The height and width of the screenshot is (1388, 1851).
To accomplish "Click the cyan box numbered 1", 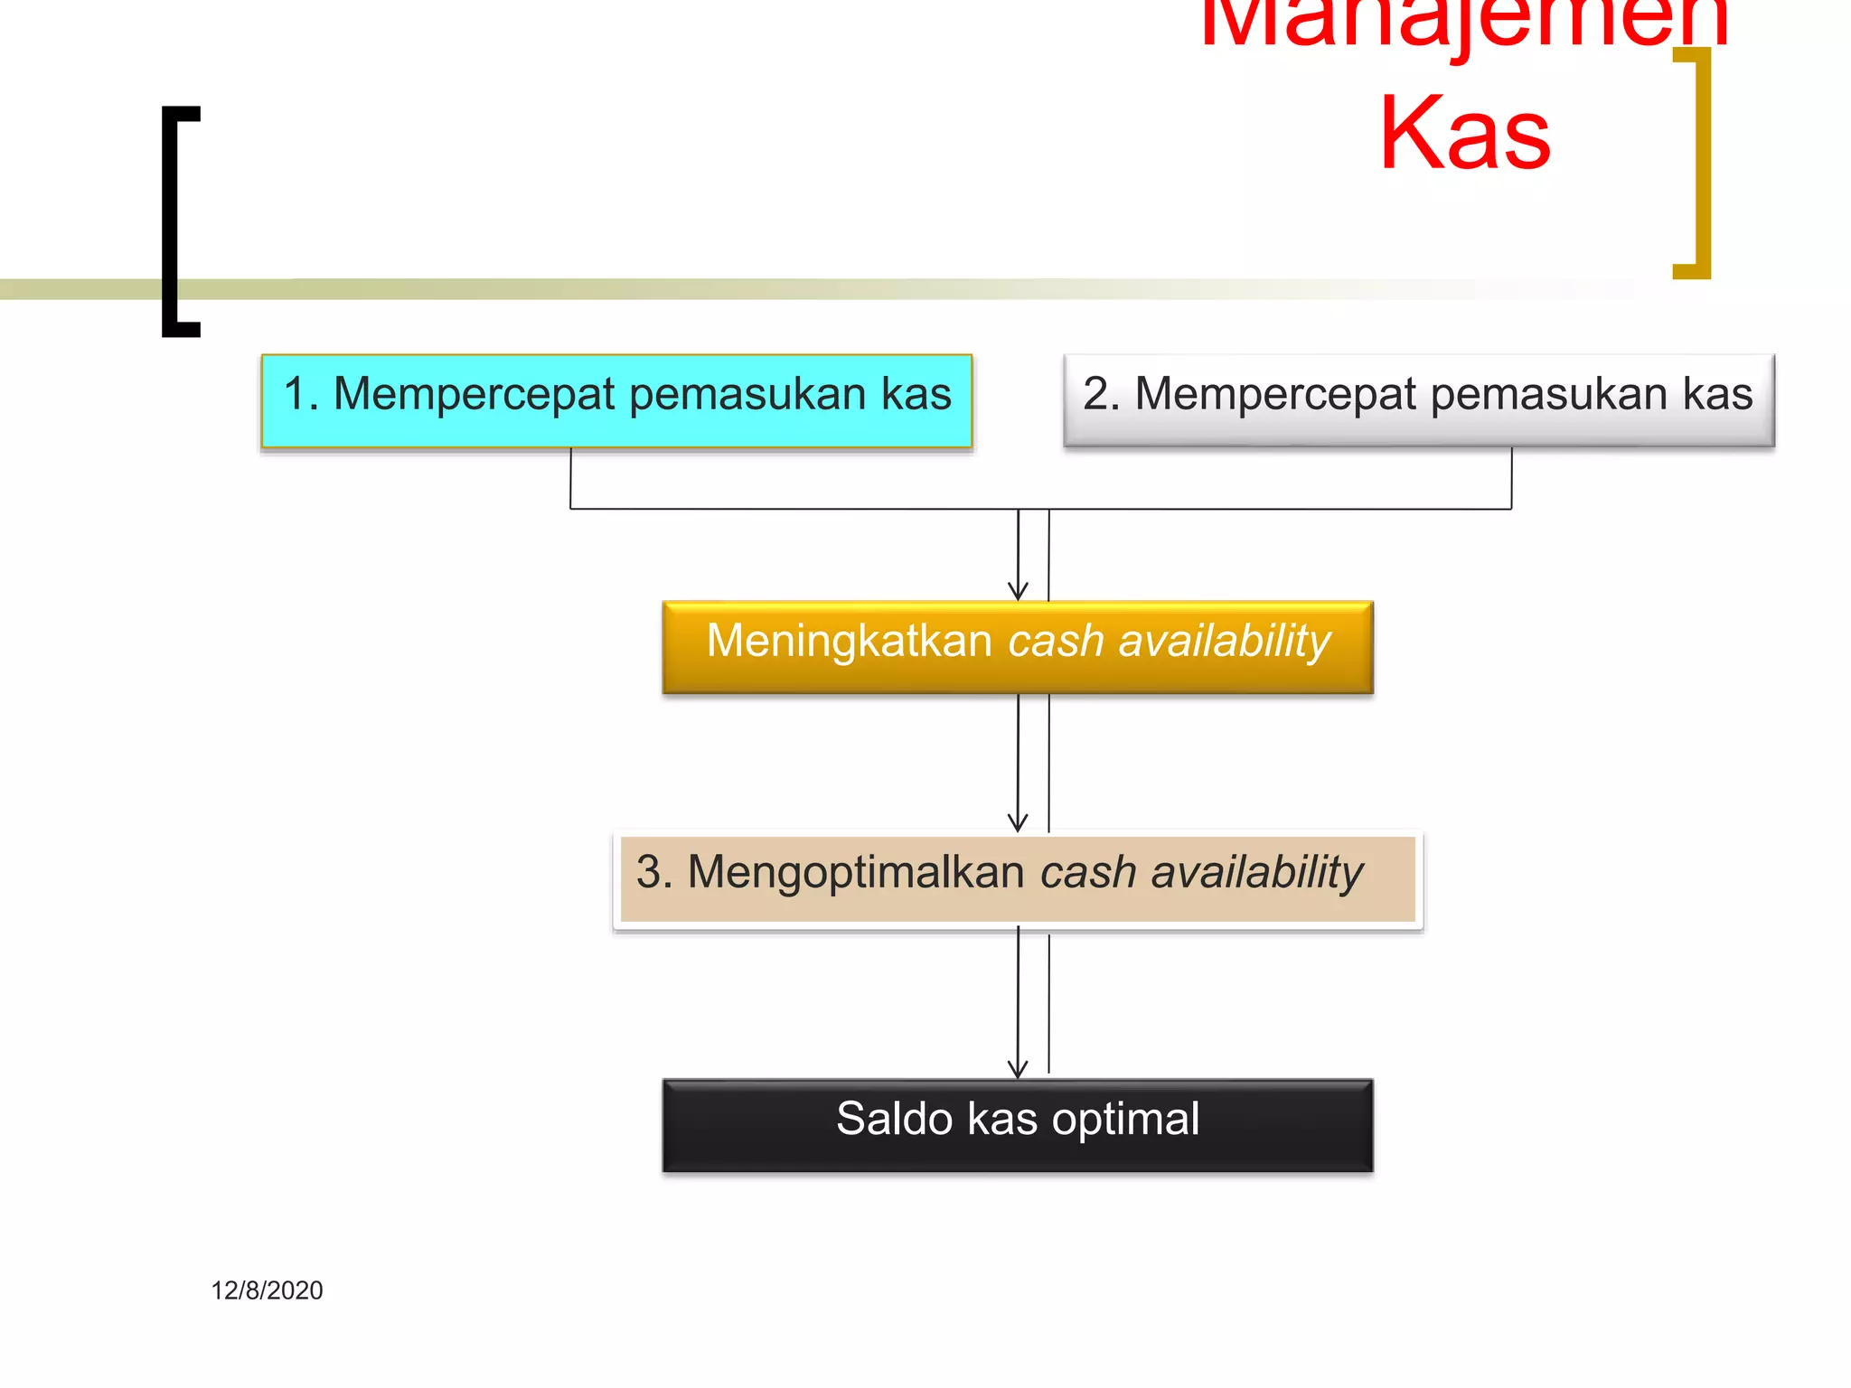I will (616, 401).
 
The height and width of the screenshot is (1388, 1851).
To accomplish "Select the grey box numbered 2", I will (1419, 401).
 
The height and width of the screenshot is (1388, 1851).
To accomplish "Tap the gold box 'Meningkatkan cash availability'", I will (1018, 647).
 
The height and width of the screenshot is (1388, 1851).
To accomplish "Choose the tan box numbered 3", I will (1018, 878).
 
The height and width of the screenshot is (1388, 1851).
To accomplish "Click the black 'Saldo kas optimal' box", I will (1018, 1126).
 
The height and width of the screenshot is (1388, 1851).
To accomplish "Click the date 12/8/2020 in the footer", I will (267, 1290).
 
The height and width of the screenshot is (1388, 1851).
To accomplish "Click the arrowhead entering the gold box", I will (1018, 592).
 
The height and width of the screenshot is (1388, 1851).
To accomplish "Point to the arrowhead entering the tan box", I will (1018, 822).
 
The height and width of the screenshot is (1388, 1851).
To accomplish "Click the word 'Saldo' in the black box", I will (894, 1119).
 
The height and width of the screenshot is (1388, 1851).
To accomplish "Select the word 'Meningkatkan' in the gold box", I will (849, 641).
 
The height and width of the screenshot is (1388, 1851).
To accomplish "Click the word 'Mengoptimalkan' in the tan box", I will (855, 872).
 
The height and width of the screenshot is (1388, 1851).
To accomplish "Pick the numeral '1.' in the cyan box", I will (301, 394).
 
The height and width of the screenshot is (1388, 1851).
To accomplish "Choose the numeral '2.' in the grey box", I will (1102, 394).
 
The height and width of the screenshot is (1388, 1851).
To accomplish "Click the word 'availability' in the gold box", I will (1224, 641).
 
